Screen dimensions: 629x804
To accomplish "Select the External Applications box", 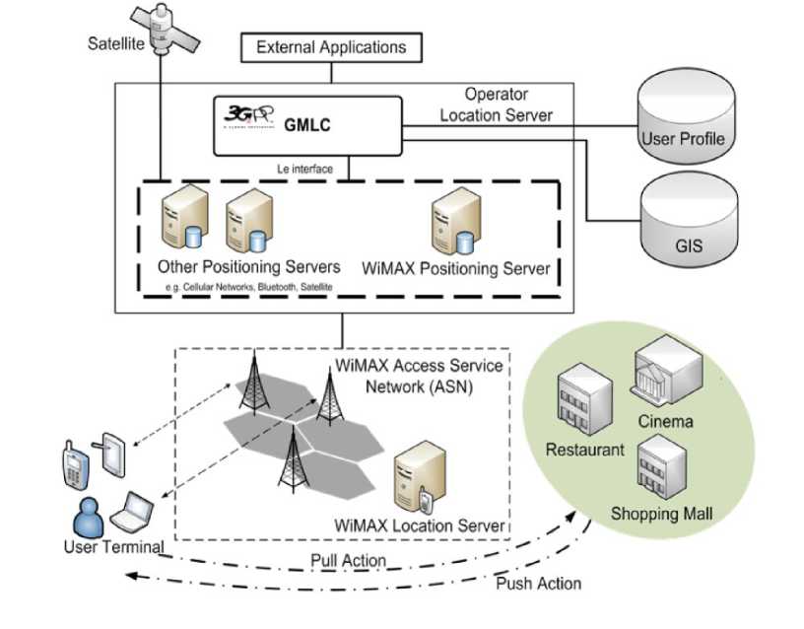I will pos(330,46).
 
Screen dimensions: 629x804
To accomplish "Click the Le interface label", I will pos(304,169).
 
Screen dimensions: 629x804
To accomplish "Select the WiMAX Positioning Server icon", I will pos(449,225).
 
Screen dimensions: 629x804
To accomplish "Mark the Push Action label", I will pos(540,583).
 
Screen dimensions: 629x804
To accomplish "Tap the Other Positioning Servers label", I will pos(248,267).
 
